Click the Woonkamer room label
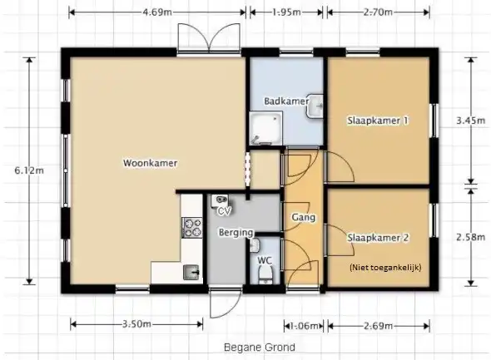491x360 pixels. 151,163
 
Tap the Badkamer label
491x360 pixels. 286,101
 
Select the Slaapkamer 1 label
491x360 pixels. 378,121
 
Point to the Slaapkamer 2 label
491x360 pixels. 378,238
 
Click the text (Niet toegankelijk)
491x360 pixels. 385,268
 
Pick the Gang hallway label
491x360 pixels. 303,217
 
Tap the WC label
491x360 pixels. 265,260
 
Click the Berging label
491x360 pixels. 236,233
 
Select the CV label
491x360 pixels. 224,211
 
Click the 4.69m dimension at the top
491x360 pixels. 157,12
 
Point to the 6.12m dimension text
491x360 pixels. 29,170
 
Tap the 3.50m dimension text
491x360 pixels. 136,324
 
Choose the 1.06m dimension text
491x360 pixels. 304,326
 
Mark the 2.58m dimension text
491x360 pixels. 470,237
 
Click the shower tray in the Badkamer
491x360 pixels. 265,129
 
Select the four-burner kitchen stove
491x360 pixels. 192,228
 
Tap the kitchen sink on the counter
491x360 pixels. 191,272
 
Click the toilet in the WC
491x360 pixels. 265,274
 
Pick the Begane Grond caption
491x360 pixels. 260,348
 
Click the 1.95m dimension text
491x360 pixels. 286,12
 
